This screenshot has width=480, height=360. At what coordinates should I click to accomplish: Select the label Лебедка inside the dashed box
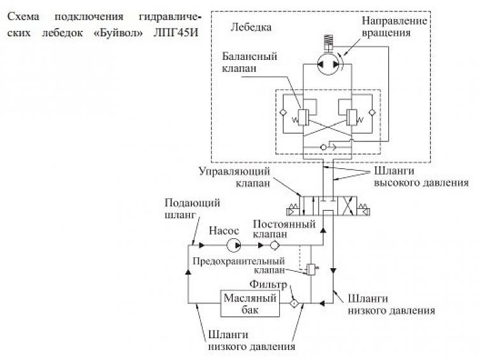(x=253, y=27)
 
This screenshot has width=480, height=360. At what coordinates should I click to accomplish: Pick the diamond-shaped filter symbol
(x=294, y=303)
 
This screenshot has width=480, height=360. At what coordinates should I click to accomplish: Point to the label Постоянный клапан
(x=284, y=229)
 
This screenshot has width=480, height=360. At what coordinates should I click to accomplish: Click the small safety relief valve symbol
(x=312, y=270)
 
